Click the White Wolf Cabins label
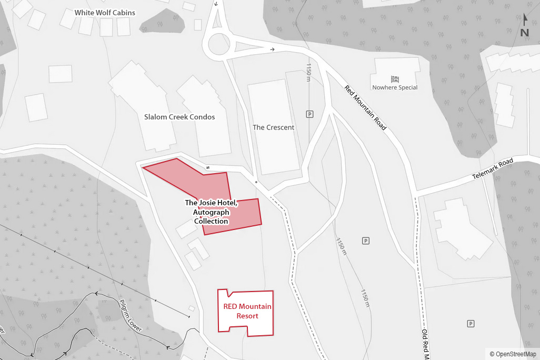pyautogui.click(x=105, y=13)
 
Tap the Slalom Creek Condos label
pyautogui.click(x=179, y=117)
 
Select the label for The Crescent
pyautogui.click(x=273, y=127)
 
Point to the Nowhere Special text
pyautogui.click(x=395, y=87)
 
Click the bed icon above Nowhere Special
pyautogui.click(x=395, y=79)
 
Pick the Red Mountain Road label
pyautogui.click(x=366, y=107)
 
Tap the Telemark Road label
pyautogui.click(x=492, y=168)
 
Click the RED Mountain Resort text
pyautogui.click(x=247, y=311)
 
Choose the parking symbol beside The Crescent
pyautogui.click(x=309, y=114)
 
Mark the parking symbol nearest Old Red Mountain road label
pyautogui.click(x=471, y=324)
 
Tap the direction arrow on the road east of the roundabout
pyautogui.click(x=272, y=49)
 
